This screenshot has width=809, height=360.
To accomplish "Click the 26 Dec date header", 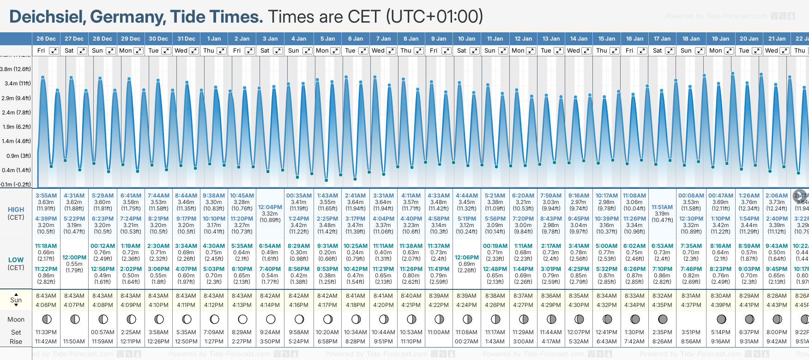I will pos(46,39).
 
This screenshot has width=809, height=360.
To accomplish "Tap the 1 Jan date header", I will pos(214,39).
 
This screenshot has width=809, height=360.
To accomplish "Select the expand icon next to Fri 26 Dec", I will pos(54,51).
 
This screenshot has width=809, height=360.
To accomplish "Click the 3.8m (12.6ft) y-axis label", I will pos(15,69).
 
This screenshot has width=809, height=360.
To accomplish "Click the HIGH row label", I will pos(16,210).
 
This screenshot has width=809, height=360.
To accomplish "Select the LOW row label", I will pos(16,260).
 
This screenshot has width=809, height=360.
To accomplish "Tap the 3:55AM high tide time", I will pos(46,196).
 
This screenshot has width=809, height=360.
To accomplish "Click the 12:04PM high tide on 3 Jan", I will pos(270,207).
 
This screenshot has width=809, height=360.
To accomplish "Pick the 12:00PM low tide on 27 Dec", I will pos(74,258).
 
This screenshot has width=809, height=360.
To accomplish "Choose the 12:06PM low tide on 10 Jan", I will pos(467,258).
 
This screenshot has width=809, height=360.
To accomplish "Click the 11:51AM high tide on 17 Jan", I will pos(662,207).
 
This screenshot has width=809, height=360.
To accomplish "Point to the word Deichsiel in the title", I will pos(46,17).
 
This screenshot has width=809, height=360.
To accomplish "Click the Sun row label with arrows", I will pos(16,300).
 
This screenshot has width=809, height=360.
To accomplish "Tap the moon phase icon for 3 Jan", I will pos(271,319).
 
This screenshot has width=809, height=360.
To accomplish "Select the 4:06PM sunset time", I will pos(46,305).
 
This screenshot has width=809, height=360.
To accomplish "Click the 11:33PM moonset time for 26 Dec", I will pos(46,332).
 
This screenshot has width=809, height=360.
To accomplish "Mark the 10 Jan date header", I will pos(467,39).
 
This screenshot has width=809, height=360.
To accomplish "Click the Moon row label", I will pos(16,319).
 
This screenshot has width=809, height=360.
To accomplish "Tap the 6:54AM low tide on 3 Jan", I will pos(270,246).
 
